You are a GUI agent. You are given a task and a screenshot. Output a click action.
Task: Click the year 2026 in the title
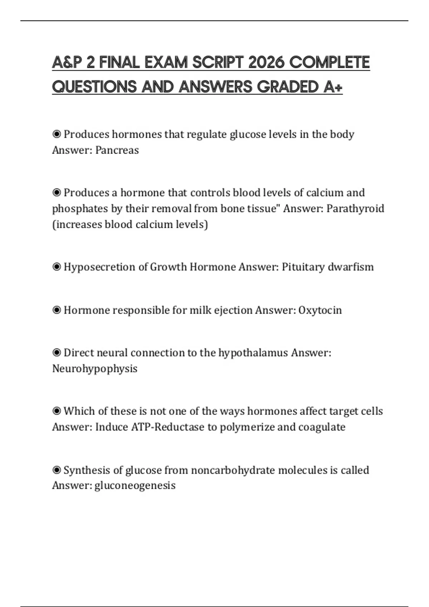266,62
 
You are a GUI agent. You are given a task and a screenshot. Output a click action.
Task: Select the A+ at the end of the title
333,87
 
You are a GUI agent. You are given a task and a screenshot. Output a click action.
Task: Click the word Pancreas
117,150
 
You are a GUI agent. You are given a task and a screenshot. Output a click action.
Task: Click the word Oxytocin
320,310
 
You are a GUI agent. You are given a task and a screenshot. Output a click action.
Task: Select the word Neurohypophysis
95,368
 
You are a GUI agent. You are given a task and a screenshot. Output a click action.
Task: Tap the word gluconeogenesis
135,486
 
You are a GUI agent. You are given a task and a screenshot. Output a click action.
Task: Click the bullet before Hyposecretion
56,267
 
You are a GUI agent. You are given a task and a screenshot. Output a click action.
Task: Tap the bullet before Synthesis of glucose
56,470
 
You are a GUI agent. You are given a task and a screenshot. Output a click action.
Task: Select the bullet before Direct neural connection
56,353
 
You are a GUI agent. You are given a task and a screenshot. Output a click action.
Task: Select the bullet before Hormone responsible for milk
56,310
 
